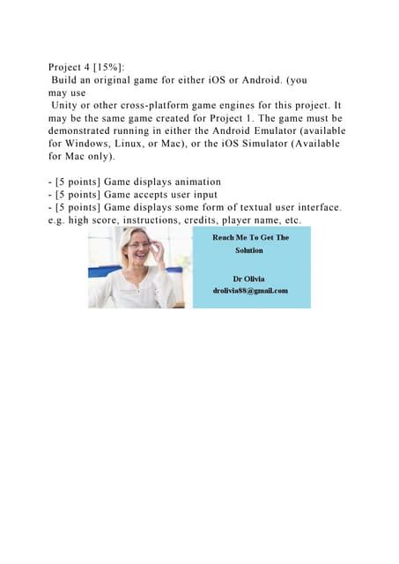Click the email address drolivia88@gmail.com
250,291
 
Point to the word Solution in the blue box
249,250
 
